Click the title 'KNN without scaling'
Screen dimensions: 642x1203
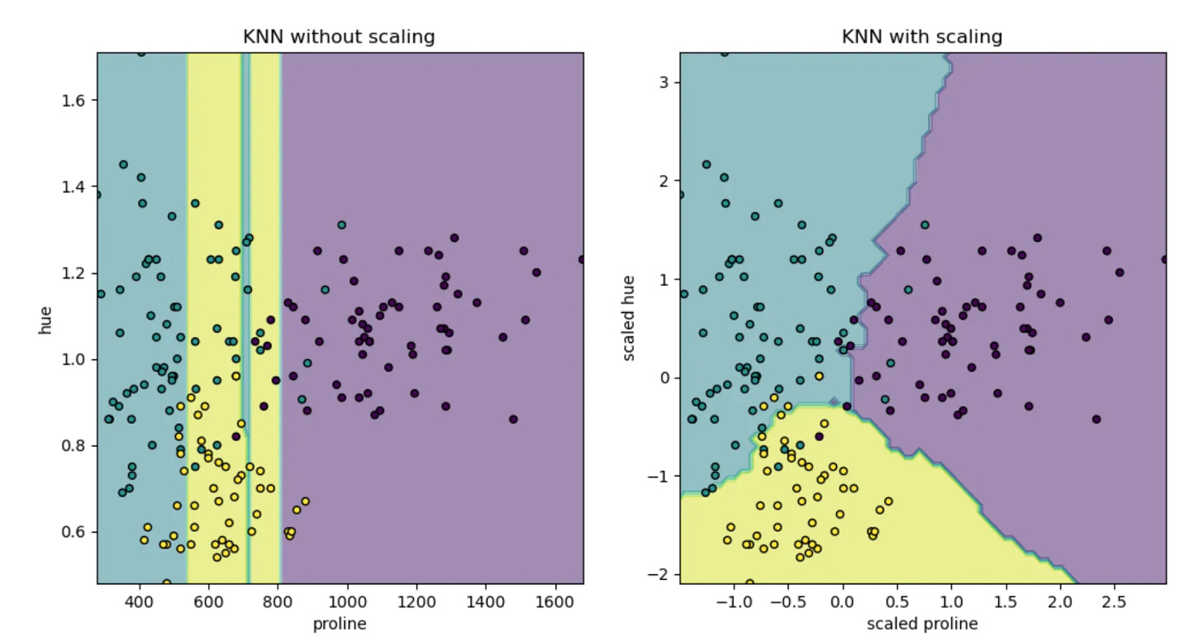339,37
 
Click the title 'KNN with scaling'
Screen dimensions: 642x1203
921,37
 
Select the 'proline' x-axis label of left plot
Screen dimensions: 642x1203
340,624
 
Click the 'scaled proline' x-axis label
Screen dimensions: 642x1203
922,624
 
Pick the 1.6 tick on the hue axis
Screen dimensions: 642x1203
77,101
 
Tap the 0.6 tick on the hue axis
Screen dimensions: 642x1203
77,532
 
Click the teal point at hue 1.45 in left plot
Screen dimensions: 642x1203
123,164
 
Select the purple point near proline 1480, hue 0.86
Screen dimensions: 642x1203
513,419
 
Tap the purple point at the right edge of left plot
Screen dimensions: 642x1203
582,259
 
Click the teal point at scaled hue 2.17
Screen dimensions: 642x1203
706,164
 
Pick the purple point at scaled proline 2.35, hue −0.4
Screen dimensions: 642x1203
1096,419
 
